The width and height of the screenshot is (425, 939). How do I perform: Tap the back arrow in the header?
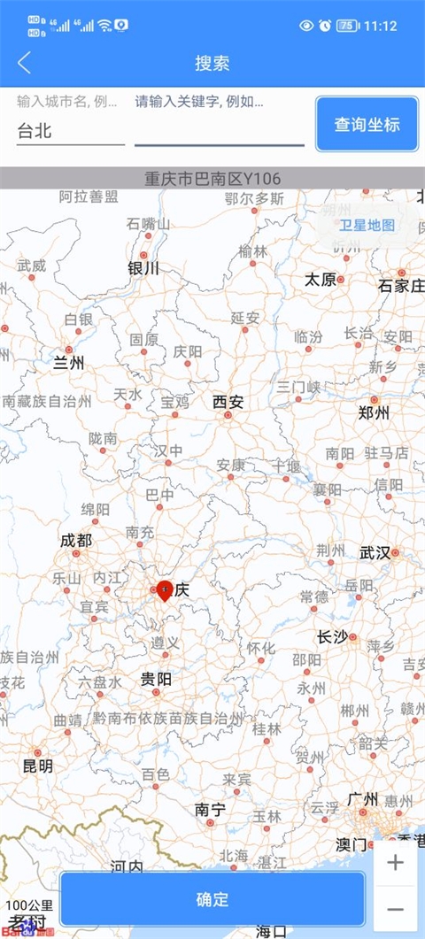click(x=24, y=63)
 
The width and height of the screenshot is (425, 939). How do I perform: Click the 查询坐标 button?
click(x=367, y=125)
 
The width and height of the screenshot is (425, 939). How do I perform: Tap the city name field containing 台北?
click(x=70, y=131)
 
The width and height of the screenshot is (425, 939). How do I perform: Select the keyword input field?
click(x=219, y=131)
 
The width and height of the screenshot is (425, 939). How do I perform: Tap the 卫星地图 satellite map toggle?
click(x=367, y=225)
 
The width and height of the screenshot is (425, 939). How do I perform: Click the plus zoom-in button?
click(x=395, y=863)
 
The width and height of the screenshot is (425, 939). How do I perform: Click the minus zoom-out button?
click(x=395, y=909)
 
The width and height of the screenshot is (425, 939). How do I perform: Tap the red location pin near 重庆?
click(x=164, y=589)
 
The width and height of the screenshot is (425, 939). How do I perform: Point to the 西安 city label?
click(x=228, y=402)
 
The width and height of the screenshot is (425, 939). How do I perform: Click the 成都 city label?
click(x=75, y=540)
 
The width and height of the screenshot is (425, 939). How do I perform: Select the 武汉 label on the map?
click(x=375, y=553)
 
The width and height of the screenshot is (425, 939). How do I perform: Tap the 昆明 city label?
click(x=37, y=766)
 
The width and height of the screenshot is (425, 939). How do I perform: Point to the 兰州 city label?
click(x=68, y=362)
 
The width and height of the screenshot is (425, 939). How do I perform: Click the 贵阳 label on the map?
click(x=156, y=679)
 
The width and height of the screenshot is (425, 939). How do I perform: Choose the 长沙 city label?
click(x=333, y=636)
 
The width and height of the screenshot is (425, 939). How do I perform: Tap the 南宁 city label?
click(x=210, y=809)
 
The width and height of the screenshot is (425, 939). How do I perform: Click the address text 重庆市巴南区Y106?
click(x=212, y=179)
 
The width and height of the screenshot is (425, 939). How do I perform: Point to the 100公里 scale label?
click(x=29, y=906)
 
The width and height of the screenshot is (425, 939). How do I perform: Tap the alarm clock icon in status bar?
click(x=325, y=26)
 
